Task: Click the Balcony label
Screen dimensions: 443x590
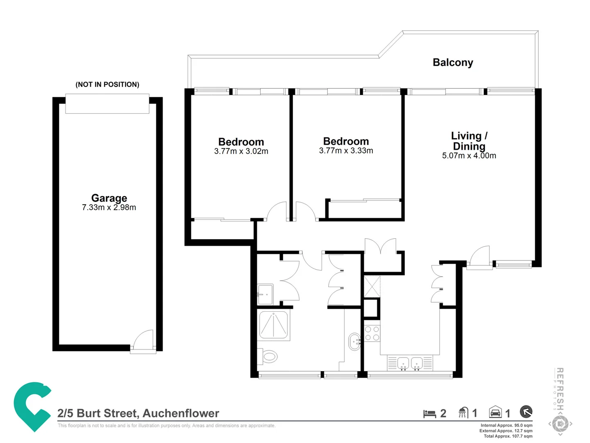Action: [x=453, y=62]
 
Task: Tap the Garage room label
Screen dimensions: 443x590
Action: [x=109, y=198]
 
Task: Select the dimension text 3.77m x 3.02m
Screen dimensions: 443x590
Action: [x=241, y=151]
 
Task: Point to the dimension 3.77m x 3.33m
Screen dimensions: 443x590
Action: [x=346, y=151]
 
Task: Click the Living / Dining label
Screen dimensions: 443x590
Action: [x=469, y=141]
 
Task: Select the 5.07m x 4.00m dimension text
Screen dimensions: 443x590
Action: [x=469, y=156]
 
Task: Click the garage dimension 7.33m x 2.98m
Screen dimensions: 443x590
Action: [x=109, y=208]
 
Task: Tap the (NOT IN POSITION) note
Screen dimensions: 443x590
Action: [x=107, y=84]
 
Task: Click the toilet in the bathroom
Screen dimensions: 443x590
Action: [x=268, y=356]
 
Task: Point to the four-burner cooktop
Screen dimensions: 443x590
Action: [x=372, y=333]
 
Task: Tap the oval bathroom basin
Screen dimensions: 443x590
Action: [x=354, y=341]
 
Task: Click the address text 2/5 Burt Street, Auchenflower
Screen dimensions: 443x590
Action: [x=138, y=413]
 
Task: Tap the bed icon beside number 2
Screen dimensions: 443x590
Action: [x=429, y=413]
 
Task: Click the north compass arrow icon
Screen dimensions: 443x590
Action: [x=526, y=411]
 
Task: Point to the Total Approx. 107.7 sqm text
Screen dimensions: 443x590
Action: [x=508, y=436]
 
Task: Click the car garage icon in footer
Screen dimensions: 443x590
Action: [x=495, y=412]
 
